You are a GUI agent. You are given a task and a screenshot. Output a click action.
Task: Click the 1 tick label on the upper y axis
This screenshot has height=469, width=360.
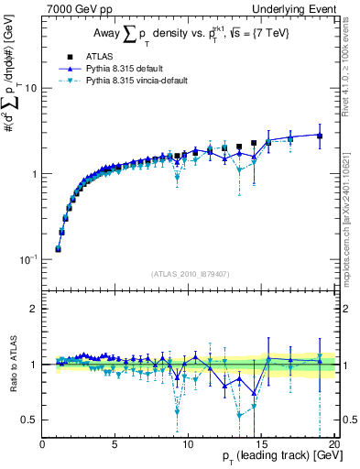[x=34, y=174]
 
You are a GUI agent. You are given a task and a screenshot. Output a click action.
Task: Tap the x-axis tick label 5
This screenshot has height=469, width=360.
[x=115, y=444]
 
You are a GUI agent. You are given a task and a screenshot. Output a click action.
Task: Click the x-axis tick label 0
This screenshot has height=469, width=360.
[x=43, y=444]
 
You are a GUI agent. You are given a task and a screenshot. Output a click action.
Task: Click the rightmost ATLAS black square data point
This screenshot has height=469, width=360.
[x=320, y=136]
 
